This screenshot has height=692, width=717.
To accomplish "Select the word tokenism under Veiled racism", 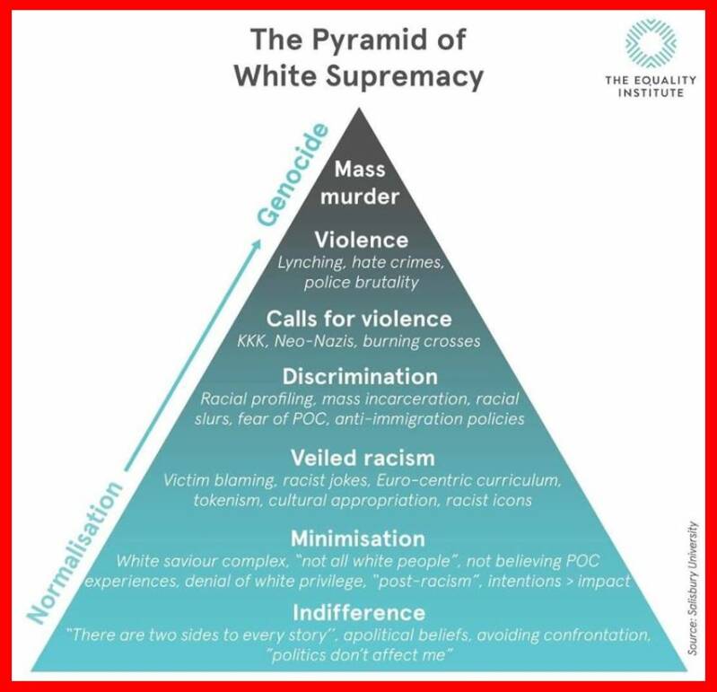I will tap(229, 499).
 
